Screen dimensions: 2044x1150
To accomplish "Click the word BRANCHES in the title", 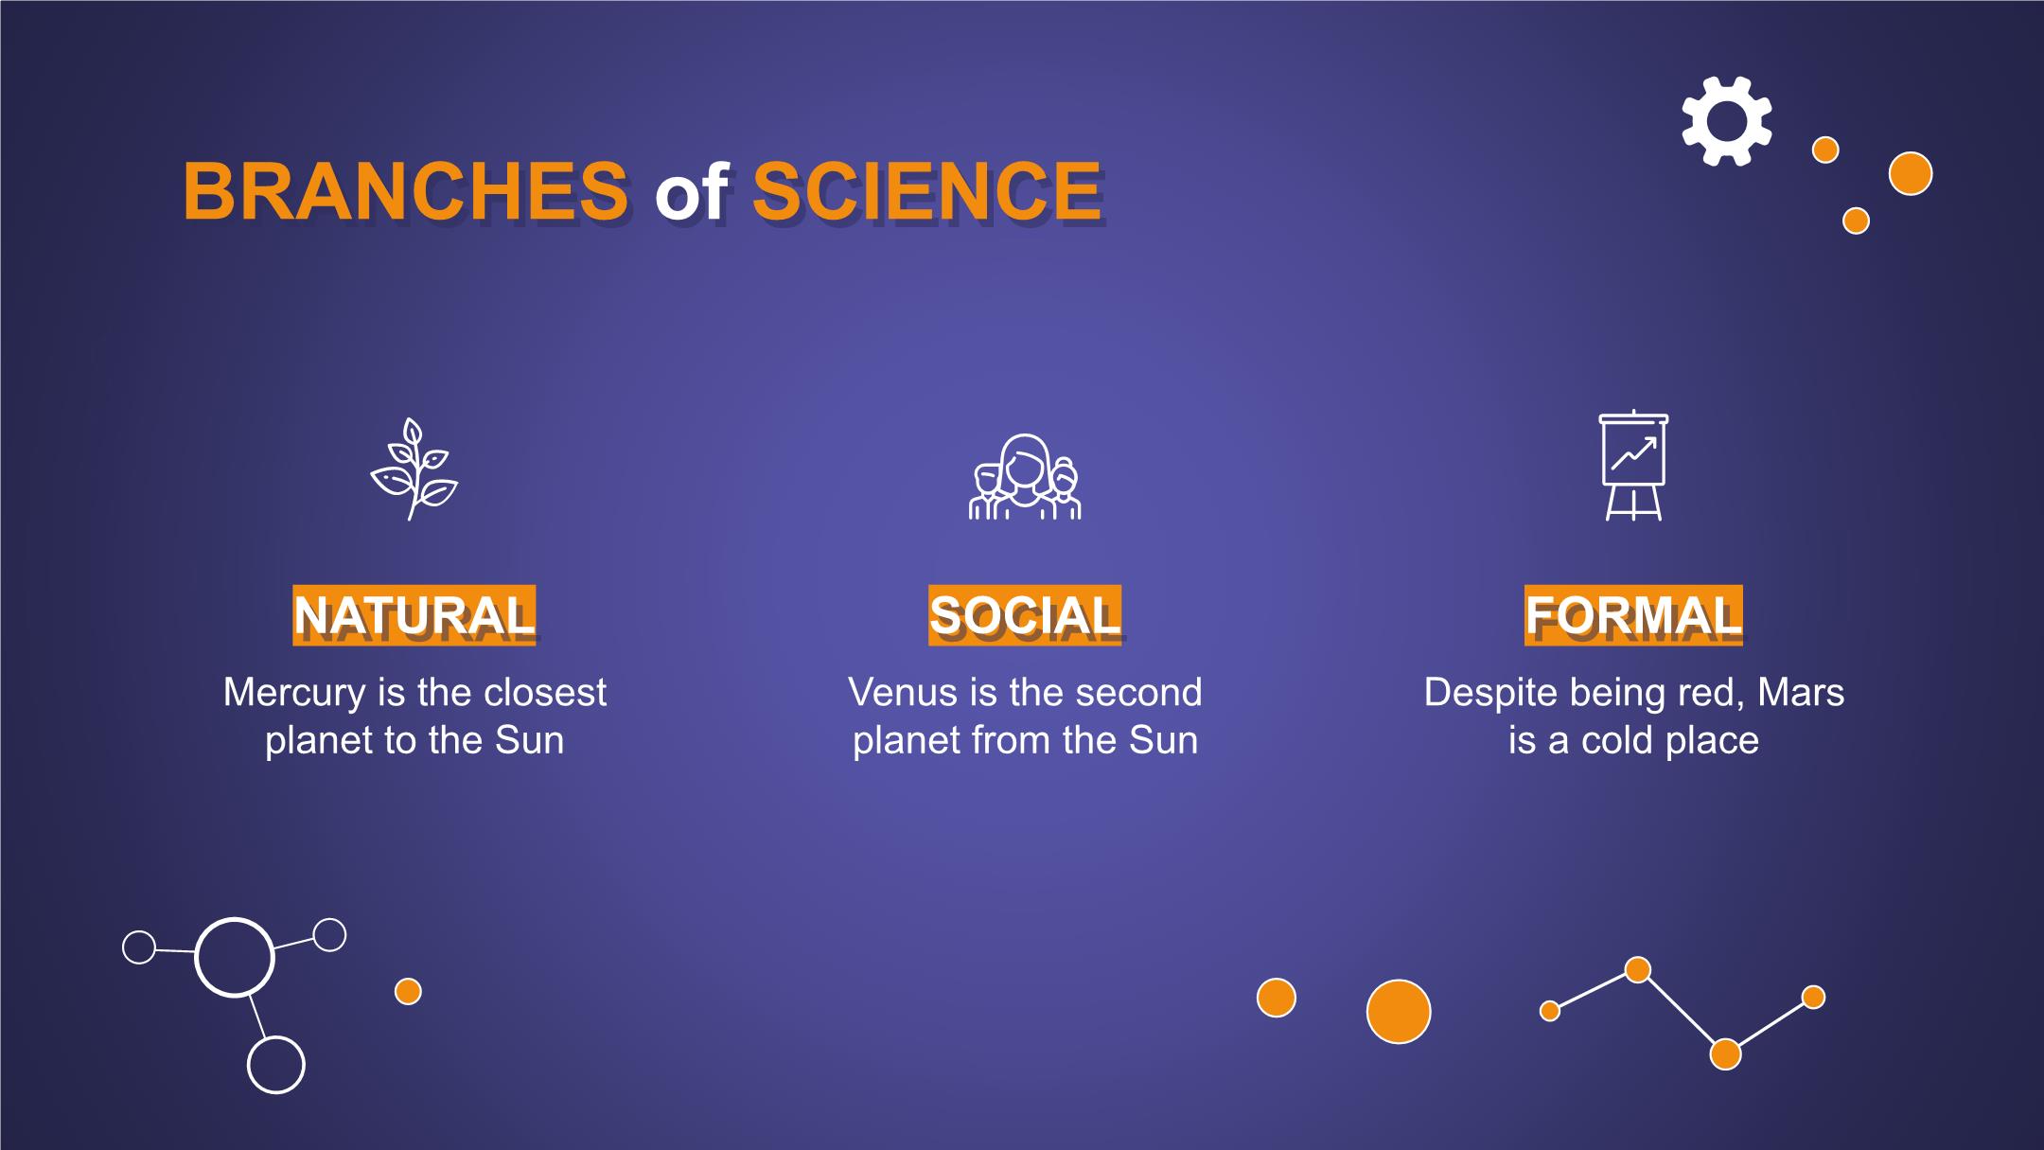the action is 406,191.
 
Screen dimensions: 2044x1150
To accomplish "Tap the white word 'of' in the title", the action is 691,191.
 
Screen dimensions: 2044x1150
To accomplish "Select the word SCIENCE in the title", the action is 926,191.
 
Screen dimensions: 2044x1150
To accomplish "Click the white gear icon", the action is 1727,121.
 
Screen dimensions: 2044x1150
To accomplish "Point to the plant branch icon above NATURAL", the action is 414,469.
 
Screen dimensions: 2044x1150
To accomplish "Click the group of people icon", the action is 1025,476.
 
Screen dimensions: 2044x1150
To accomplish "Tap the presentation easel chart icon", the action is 1633,466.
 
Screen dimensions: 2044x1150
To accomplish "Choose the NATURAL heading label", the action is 414,615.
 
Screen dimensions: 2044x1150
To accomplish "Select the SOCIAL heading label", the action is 1025,615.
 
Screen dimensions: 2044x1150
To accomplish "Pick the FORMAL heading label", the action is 1633,615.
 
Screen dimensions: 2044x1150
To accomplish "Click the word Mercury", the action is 294,694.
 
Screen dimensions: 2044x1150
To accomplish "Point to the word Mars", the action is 1801,693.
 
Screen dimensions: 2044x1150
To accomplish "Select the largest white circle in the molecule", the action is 235,957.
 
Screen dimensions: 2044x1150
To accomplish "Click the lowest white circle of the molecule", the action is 276,1065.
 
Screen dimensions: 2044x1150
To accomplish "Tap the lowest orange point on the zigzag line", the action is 1725,1054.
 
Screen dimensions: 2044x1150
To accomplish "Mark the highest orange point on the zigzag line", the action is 1638,970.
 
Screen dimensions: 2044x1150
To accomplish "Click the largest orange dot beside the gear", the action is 1911,173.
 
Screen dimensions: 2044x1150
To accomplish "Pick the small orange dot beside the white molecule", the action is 408,992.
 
